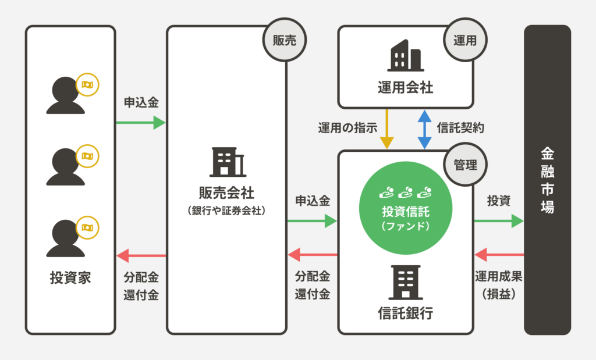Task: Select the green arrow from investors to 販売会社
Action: (140, 123)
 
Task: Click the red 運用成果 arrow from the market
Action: (499, 255)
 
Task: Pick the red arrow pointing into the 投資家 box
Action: (141, 255)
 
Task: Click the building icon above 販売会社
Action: (228, 162)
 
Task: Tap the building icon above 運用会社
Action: (405, 57)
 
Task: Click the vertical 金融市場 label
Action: (547, 180)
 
